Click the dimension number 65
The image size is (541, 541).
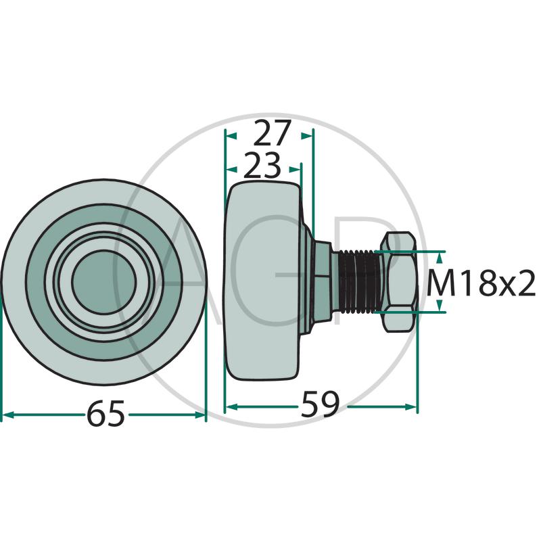105,413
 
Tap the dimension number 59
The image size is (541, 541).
320,404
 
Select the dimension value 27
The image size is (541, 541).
272,133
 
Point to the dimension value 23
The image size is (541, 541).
262,166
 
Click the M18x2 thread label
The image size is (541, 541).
481,283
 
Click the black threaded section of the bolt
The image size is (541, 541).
358,281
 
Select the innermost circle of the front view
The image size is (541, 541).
104,282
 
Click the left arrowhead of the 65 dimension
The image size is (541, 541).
7,415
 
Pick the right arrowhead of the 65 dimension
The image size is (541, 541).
199,415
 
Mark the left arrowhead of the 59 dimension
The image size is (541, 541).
231,407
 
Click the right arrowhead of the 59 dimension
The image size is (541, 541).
410,407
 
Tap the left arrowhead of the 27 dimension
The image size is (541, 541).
231,136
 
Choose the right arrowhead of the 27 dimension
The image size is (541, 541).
307,136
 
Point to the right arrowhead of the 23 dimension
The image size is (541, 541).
295,169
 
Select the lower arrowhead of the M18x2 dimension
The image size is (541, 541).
439,306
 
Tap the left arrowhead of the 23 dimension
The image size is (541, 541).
231,169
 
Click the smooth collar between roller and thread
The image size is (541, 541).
335,282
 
